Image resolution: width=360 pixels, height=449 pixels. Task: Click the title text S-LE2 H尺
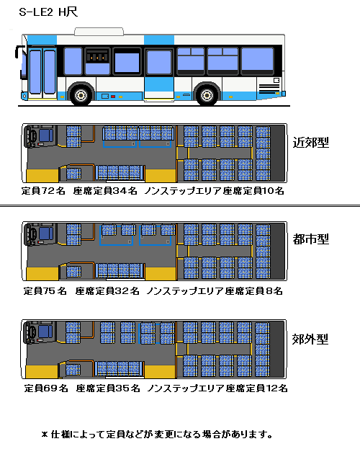coord(48,12)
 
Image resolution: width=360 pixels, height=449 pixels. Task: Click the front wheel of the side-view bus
coord(81,95)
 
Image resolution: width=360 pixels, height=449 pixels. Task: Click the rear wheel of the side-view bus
coord(207,95)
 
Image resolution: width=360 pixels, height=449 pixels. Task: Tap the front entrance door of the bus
coord(42,72)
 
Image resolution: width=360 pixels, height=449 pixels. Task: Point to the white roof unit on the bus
coord(99,32)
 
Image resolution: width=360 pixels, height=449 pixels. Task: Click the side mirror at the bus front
coord(19,53)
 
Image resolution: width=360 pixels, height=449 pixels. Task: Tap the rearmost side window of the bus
coord(257,61)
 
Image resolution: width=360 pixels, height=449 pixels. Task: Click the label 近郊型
coord(311,142)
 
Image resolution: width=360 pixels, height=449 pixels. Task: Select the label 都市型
coord(311,239)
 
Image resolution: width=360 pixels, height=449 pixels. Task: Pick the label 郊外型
coord(310,339)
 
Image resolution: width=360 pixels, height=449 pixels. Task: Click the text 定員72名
coord(43,191)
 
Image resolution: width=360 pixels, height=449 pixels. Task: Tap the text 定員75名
coord(45,291)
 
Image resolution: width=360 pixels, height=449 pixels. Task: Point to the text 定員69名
coord(46,388)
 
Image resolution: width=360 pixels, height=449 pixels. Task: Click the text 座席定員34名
coord(105,191)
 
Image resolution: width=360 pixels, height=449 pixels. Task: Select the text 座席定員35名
coord(108,388)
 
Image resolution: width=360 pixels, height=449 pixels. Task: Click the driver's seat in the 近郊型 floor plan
coord(46,135)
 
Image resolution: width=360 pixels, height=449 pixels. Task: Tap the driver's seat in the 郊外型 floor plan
coord(45,332)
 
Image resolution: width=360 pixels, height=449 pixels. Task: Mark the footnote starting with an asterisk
coord(157,435)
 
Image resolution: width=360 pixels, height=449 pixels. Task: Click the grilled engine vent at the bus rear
coord(269,89)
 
